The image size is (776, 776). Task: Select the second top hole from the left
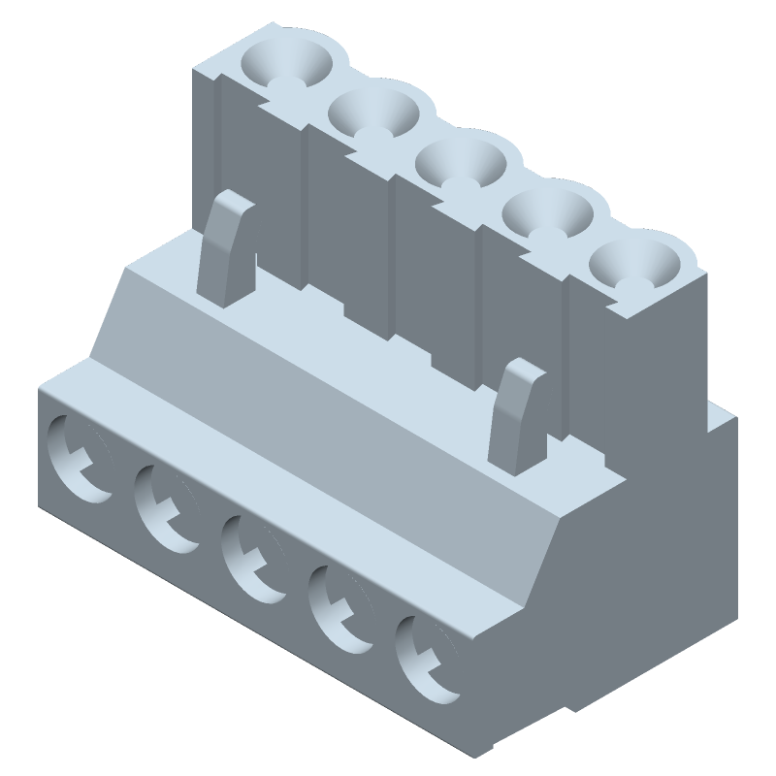[x=372, y=112]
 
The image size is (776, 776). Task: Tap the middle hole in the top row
[x=461, y=161]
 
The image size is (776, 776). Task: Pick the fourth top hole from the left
[x=548, y=213]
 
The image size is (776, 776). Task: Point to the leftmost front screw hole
[x=78, y=456]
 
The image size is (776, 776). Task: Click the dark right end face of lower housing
[x=621, y=601]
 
